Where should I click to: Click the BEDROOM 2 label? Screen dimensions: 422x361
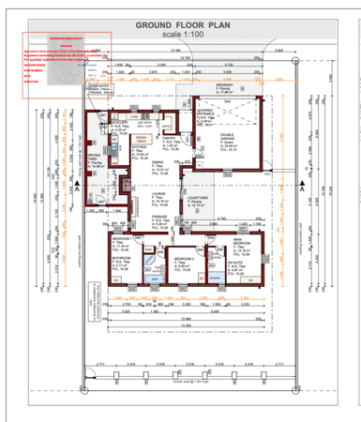coord(183,259)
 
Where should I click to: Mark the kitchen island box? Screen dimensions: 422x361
coord(156,139)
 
